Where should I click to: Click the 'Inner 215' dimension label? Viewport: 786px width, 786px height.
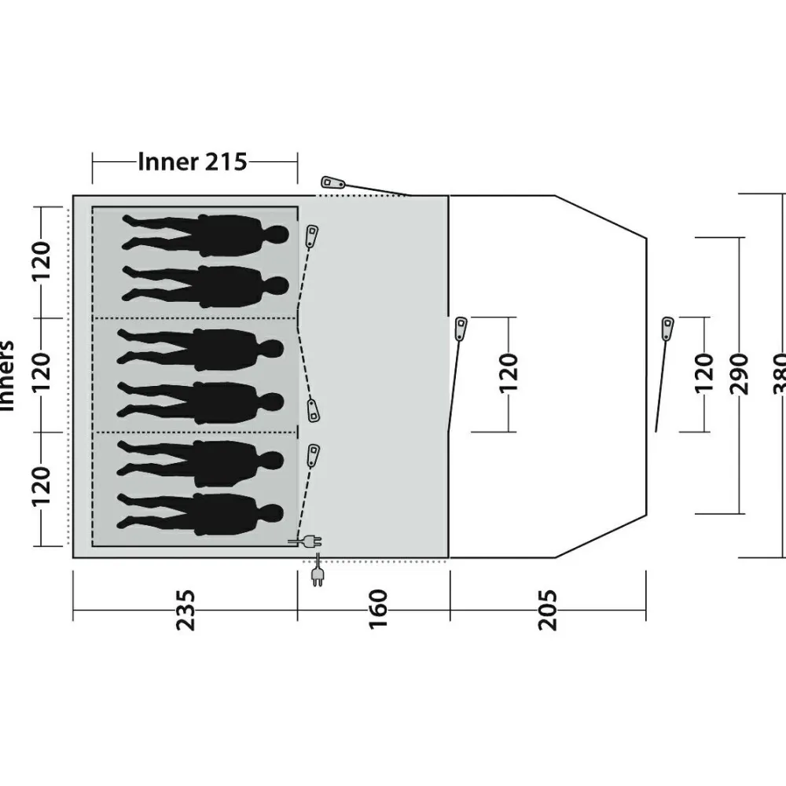click(193, 162)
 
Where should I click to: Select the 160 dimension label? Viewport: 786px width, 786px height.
click(377, 609)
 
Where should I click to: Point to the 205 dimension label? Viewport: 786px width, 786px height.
click(548, 610)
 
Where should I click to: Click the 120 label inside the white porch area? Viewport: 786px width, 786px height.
click(509, 373)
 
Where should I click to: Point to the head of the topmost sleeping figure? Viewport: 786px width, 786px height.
click(277, 234)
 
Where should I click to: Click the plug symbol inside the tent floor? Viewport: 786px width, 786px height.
click(307, 541)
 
